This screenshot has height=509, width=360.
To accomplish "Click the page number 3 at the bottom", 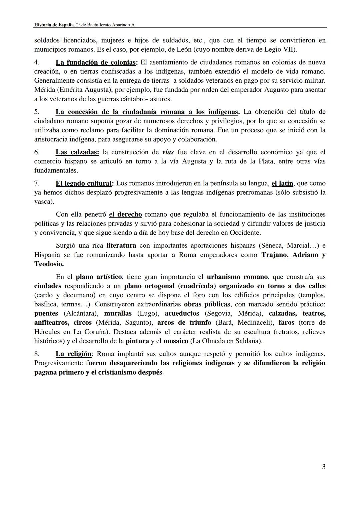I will point(324,467).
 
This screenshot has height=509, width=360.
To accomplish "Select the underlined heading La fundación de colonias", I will point(96,62).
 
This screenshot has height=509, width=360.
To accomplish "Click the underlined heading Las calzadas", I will point(77,152).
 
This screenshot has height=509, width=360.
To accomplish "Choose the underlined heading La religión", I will point(73,354).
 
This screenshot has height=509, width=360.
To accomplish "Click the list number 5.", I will point(37,112).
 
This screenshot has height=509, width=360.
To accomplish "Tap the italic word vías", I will point(168,152).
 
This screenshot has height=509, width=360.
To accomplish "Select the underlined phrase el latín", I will point(282,183).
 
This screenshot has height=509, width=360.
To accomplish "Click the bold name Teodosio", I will point(49,264).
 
